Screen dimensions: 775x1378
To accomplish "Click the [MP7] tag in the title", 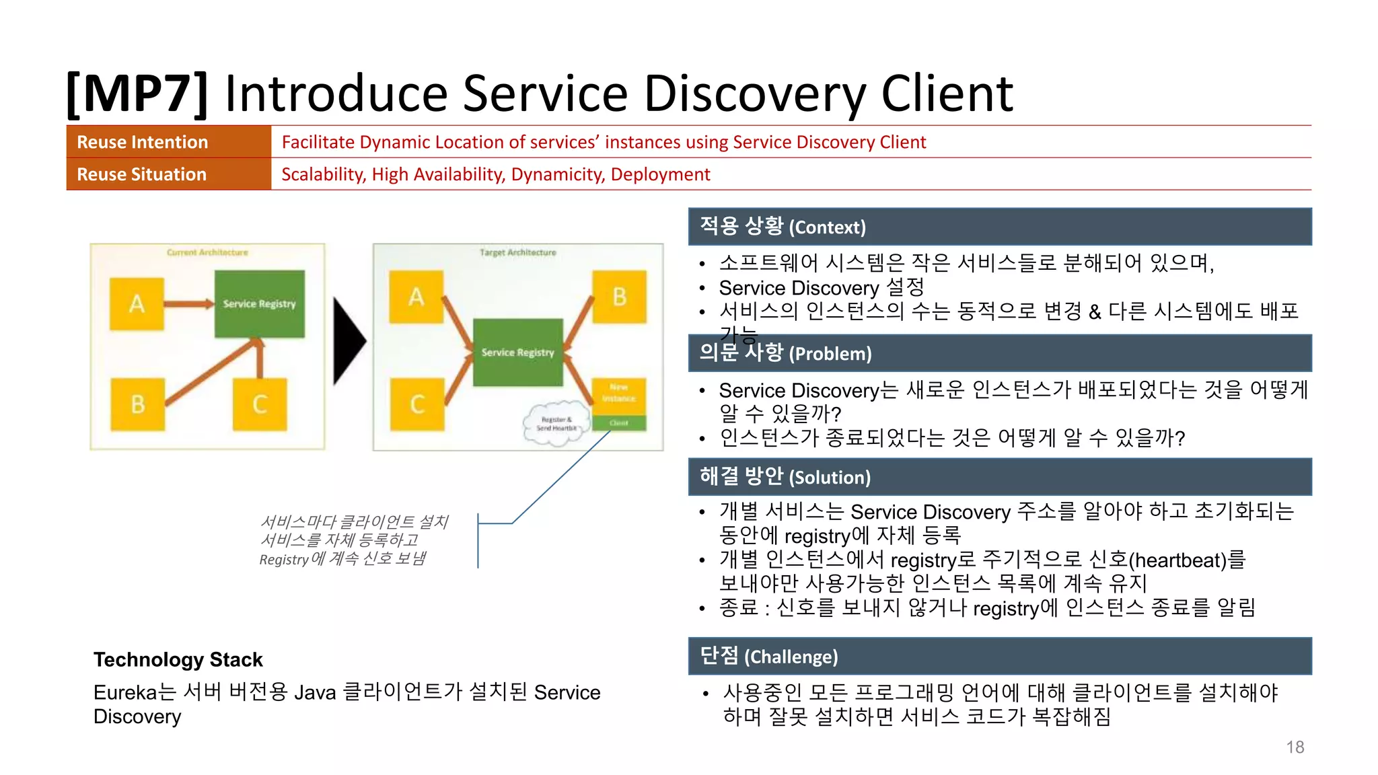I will (137, 94).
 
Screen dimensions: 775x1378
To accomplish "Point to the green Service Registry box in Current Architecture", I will (259, 304).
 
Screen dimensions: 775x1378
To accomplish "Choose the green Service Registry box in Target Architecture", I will (517, 353).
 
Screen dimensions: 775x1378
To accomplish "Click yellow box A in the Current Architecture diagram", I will (137, 304).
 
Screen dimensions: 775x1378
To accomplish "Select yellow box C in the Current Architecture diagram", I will (260, 404).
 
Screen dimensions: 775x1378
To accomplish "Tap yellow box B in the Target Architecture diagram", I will (619, 297).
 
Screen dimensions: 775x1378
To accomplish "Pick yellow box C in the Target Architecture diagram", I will (417, 404).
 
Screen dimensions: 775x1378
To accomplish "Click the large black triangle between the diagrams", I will (348, 341).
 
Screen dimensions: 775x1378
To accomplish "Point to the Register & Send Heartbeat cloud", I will (554, 424).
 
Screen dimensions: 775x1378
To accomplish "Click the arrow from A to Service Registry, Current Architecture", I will (188, 304).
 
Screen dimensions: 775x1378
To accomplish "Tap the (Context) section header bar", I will (1000, 227).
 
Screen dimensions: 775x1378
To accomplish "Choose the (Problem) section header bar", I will (1000, 353).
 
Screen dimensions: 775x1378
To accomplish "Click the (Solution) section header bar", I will (1000, 477).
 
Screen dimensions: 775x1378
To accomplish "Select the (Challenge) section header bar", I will (1000, 656).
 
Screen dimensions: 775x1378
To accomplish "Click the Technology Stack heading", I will (178, 659).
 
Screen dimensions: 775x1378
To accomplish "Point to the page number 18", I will (1295, 747).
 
